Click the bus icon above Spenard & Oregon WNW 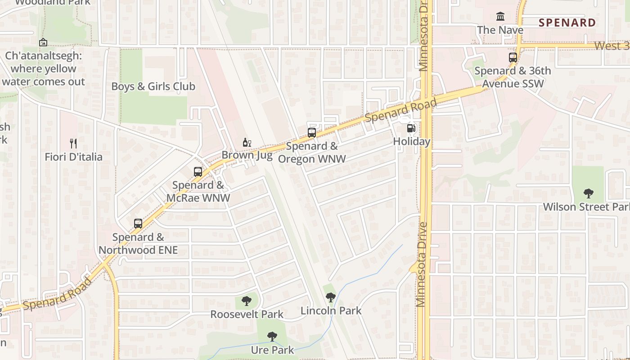tap(311, 133)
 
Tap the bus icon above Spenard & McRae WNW tap(198, 172)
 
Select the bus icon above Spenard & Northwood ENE tap(138, 224)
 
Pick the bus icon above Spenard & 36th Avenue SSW tap(513, 58)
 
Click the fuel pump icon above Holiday tap(411, 128)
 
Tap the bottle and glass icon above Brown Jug tap(247, 143)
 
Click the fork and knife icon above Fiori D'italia tap(73, 144)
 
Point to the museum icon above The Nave tap(500, 17)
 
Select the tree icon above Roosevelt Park tap(247, 301)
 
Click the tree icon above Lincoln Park tap(331, 297)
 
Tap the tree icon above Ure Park tap(272, 337)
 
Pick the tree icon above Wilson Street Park tap(588, 194)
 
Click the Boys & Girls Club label tap(153, 86)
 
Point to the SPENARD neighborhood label tap(567, 22)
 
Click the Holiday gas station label tap(412, 142)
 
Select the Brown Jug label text tap(247, 156)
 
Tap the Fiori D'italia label tap(73, 157)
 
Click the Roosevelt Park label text tap(247, 314)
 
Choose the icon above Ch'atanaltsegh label tap(43, 43)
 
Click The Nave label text tap(500, 30)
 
